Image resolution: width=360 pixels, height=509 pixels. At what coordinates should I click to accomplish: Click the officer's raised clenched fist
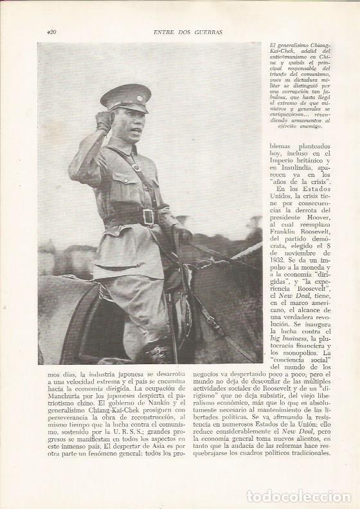pyautogui.click(x=105, y=120)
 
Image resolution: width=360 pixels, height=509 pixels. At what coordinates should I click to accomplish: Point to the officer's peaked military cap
pyautogui.click(x=126, y=97)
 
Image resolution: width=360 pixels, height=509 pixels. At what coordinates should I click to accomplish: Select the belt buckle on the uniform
pyautogui.click(x=149, y=217)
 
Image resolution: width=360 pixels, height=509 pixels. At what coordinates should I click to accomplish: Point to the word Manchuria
pyautogui.click(x=63, y=408)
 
